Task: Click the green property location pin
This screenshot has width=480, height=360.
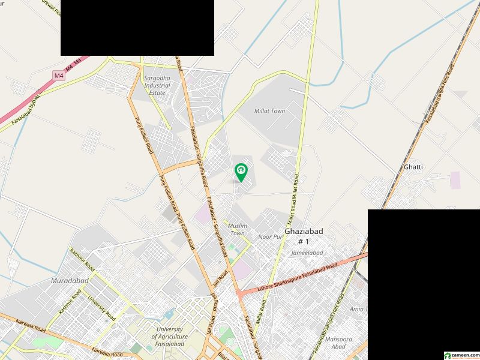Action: pos(241,172)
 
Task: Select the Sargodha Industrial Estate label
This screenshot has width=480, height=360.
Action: pos(157,85)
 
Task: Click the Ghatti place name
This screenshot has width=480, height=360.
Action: pos(413,167)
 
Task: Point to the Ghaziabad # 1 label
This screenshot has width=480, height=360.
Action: pos(297,235)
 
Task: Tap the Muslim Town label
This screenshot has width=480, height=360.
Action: pos(238,229)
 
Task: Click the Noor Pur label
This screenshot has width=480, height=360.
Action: pos(270,237)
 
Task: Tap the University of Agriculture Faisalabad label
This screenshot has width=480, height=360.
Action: pos(172,337)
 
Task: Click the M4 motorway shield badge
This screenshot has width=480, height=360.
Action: pos(58,76)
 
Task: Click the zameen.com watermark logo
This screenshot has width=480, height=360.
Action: pos(460,355)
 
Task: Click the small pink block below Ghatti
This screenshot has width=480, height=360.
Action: pos(455,180)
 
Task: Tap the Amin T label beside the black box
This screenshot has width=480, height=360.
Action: pos(358,308)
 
